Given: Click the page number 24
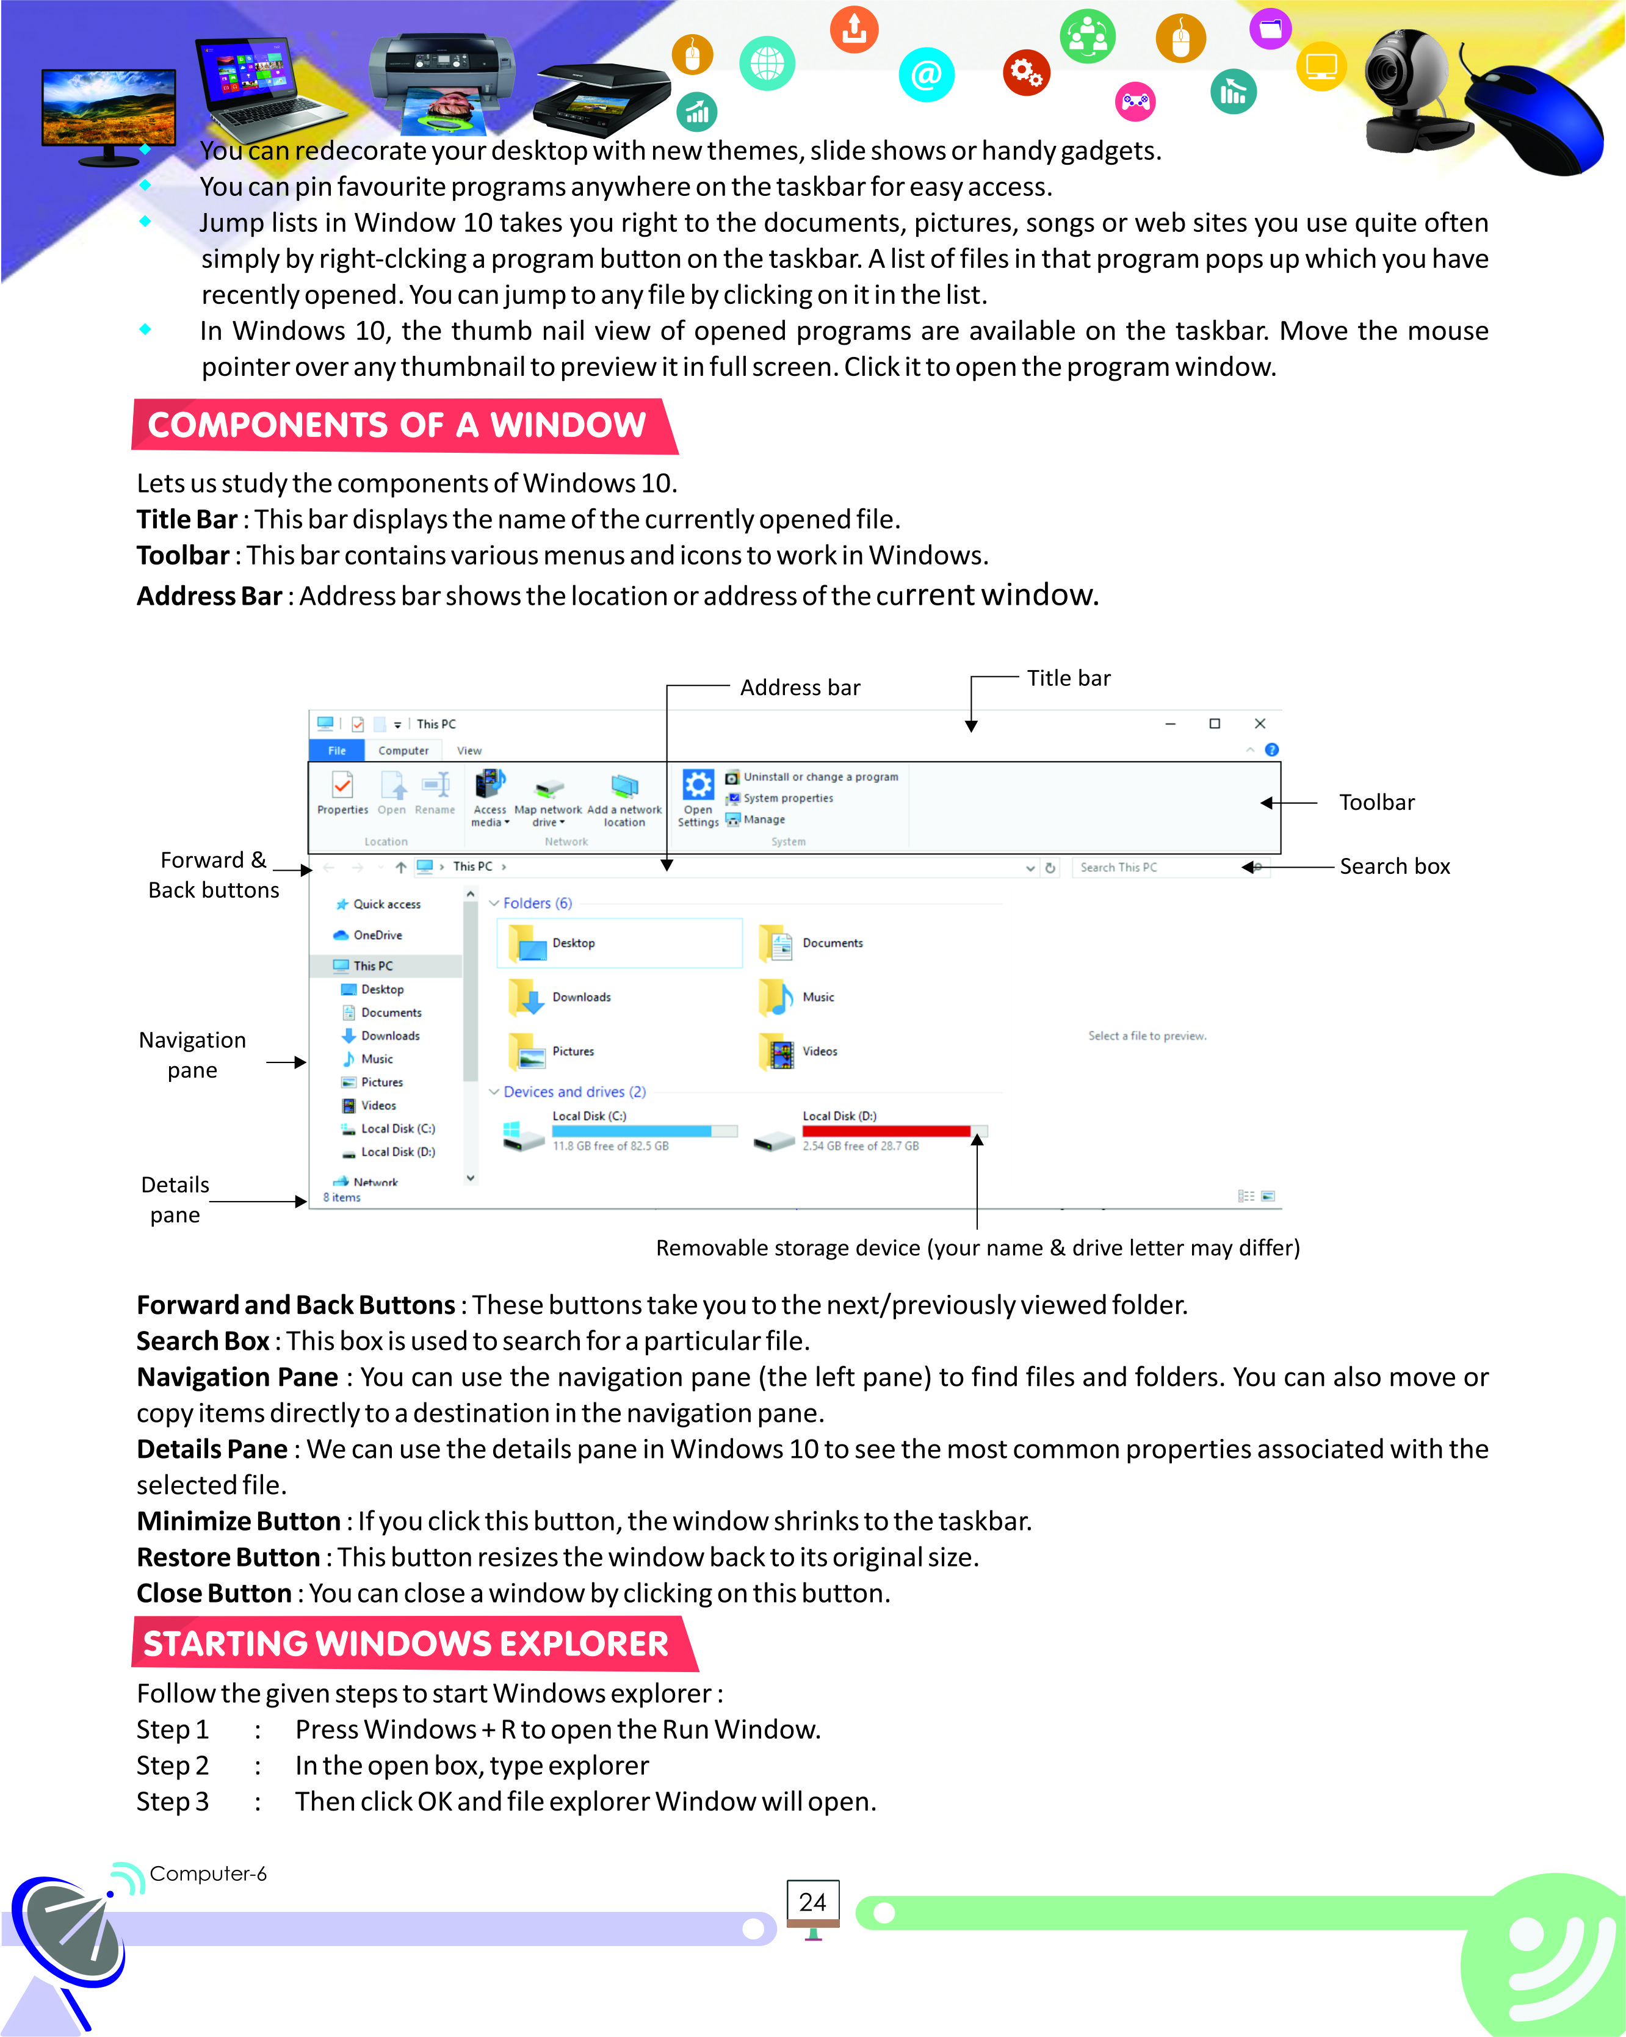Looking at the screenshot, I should tap(812, 1902).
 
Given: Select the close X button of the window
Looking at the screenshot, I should tap(1259, 724).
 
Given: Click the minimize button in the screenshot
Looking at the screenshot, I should tap(1169, 724).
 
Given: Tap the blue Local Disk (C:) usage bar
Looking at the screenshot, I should tap(631, 1131).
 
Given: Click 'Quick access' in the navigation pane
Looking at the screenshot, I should tap(386, 904).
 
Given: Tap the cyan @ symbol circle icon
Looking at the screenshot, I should tap(926, 74).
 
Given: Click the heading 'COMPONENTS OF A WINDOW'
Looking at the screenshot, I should tap(397, 426).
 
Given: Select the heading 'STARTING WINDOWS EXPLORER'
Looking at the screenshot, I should tap(406, 1644).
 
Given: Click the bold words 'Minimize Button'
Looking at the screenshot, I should tap(238, 1521).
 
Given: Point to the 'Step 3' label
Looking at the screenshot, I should tap(172, 1801).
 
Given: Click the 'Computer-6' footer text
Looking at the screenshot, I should tap(208, 1873).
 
